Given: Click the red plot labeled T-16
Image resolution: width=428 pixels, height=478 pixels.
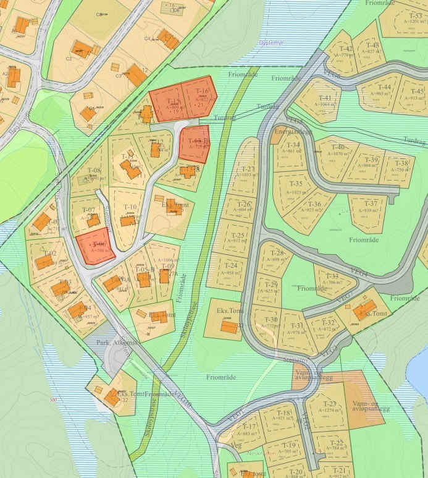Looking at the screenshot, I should point(203,93).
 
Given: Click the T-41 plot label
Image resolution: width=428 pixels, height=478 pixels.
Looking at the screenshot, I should point(325,98).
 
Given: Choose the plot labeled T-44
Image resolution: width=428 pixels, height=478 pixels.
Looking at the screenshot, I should point(385,88).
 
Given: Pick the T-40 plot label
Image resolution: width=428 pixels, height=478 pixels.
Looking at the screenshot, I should point(337,147).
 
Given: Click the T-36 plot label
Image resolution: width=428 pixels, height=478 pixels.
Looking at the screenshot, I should point(314,204).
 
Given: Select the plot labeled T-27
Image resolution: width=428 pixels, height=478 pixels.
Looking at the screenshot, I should point(248,169).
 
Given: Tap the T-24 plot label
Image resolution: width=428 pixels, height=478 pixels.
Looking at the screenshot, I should point(230,265).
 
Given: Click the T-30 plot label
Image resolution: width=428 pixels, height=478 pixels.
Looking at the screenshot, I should point(271,320).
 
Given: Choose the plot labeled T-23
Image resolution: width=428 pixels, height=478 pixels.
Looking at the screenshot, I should point(329,404).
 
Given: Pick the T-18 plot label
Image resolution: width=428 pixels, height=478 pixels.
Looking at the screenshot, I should point(283,413).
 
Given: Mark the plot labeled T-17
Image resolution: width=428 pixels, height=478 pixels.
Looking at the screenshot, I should point(249,427).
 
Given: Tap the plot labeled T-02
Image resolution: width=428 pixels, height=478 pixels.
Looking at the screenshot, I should point(50,254).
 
